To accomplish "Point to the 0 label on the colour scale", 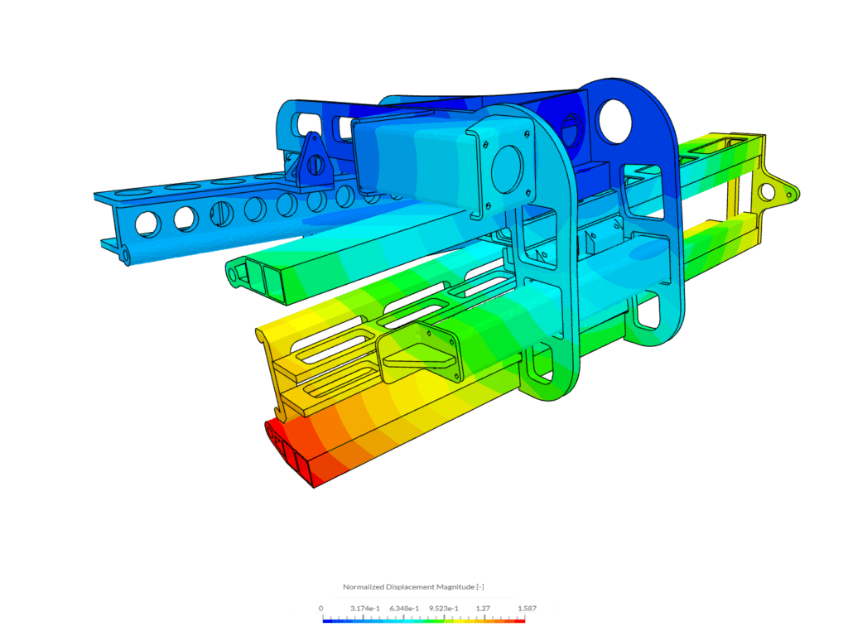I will (321, 608).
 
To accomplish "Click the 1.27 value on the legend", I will (484, 608).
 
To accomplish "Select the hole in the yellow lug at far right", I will (768, 192).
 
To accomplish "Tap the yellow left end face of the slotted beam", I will (267, 348).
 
